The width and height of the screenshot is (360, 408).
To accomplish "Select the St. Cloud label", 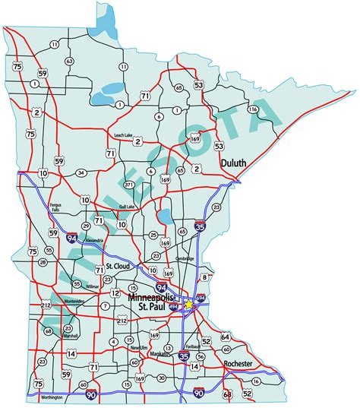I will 119,267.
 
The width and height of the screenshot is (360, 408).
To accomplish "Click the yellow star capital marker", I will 188,304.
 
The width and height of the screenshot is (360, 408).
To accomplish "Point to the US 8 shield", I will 204,278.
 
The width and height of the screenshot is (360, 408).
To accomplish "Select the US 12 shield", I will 115,292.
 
